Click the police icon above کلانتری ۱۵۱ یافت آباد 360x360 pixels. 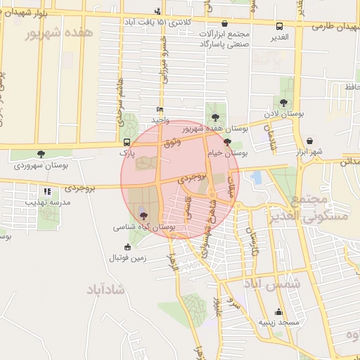157,11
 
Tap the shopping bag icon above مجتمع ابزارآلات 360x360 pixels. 224,23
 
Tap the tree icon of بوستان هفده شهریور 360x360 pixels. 214,117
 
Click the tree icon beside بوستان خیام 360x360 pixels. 226,141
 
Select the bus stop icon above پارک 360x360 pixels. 126,141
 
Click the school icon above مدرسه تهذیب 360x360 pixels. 47,191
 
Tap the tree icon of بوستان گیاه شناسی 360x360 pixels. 144,216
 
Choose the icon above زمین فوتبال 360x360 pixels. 127,247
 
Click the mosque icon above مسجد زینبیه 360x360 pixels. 279,312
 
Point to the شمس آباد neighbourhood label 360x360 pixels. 271,284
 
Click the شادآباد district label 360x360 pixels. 106,289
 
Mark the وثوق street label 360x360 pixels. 171,143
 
